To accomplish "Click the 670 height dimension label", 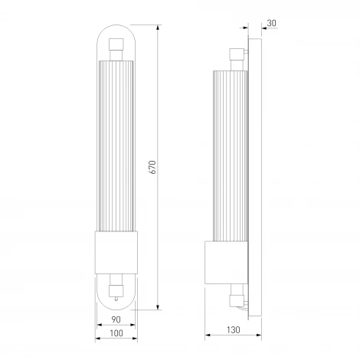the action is (x=152, y=167).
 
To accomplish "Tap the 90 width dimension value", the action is (x=116, y=319).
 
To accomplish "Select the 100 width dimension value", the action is (x=116, y=333).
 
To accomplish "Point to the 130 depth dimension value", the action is (x=234, y=330).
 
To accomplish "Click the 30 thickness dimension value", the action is (x=272, y=23).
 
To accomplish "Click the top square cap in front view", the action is (x=116, y=44).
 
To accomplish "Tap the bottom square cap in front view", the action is (x=116, y=291).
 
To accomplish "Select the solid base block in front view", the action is (x=116, y=253).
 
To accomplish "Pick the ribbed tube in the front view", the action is (x=116, y=146).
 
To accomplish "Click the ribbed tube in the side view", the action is (x=231, y=155).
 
